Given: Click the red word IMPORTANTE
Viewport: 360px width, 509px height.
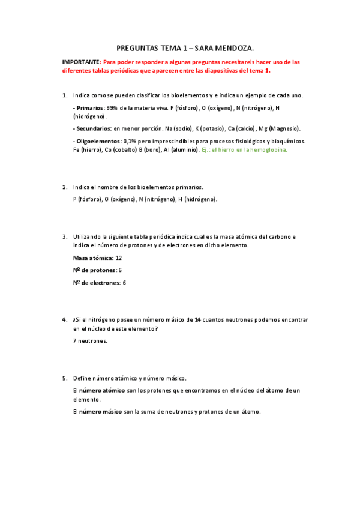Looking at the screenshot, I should point(81,62).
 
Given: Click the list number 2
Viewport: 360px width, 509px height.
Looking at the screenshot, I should point(65,187).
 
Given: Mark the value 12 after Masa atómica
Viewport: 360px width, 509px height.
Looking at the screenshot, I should point(119,258).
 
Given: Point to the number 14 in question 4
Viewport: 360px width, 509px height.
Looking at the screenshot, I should point(198,320).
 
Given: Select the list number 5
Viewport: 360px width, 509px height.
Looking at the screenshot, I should point(65,378).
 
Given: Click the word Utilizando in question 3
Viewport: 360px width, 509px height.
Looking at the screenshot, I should point(88,236).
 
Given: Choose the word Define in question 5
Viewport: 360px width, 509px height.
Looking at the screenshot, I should point(83,378).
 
